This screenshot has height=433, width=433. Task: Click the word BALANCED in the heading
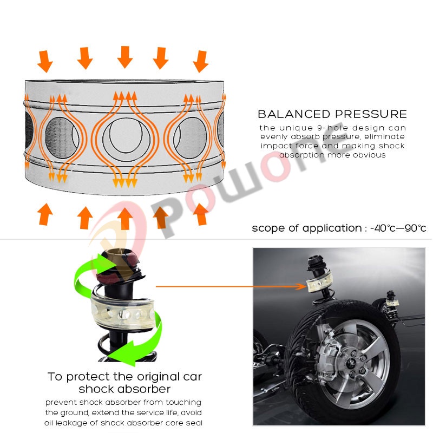point(294,114)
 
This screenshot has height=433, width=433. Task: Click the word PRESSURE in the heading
point(371,114)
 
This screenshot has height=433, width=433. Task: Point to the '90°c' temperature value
point(415,228)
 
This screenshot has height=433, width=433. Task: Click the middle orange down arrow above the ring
point(125,57)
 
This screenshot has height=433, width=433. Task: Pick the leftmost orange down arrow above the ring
point(45,62)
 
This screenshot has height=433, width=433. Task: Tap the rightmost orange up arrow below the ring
point(201,214)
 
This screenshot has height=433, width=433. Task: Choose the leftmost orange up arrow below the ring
point(45,214)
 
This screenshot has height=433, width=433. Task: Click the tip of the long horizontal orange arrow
point(306,287)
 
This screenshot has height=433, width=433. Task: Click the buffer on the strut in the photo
point(319,283)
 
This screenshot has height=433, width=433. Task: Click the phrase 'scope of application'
point(307,228)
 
